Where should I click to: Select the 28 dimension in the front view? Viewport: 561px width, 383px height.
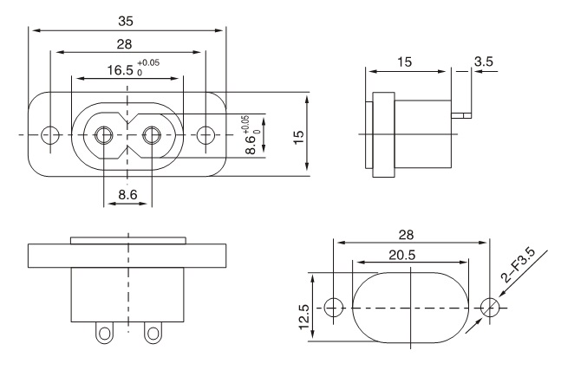click(x=127, y=44)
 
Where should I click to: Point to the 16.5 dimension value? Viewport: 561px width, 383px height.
click(x=119, y=68)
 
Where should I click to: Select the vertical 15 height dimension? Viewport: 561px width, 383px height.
click(x=298, y=135)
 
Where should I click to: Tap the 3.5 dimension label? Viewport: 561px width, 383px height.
click(x=484, y=62)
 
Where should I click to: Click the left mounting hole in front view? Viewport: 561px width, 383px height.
click(x=52, y=135)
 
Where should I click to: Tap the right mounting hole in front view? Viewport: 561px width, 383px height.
click(x=205, y=135)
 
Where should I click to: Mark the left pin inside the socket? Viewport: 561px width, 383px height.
click(x=104, y=135)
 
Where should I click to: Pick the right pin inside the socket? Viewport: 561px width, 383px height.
click(x=152, y=135)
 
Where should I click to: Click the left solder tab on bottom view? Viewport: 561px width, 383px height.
click(x=106, y=333)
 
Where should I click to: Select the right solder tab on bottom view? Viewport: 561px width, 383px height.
click(x=153, y=333)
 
